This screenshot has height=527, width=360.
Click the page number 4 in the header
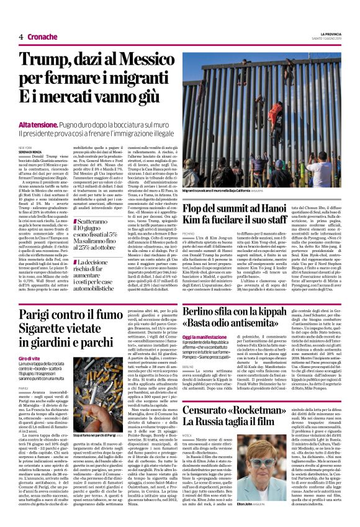[x=20, y=37]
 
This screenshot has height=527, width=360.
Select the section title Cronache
[x=42, y=37]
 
